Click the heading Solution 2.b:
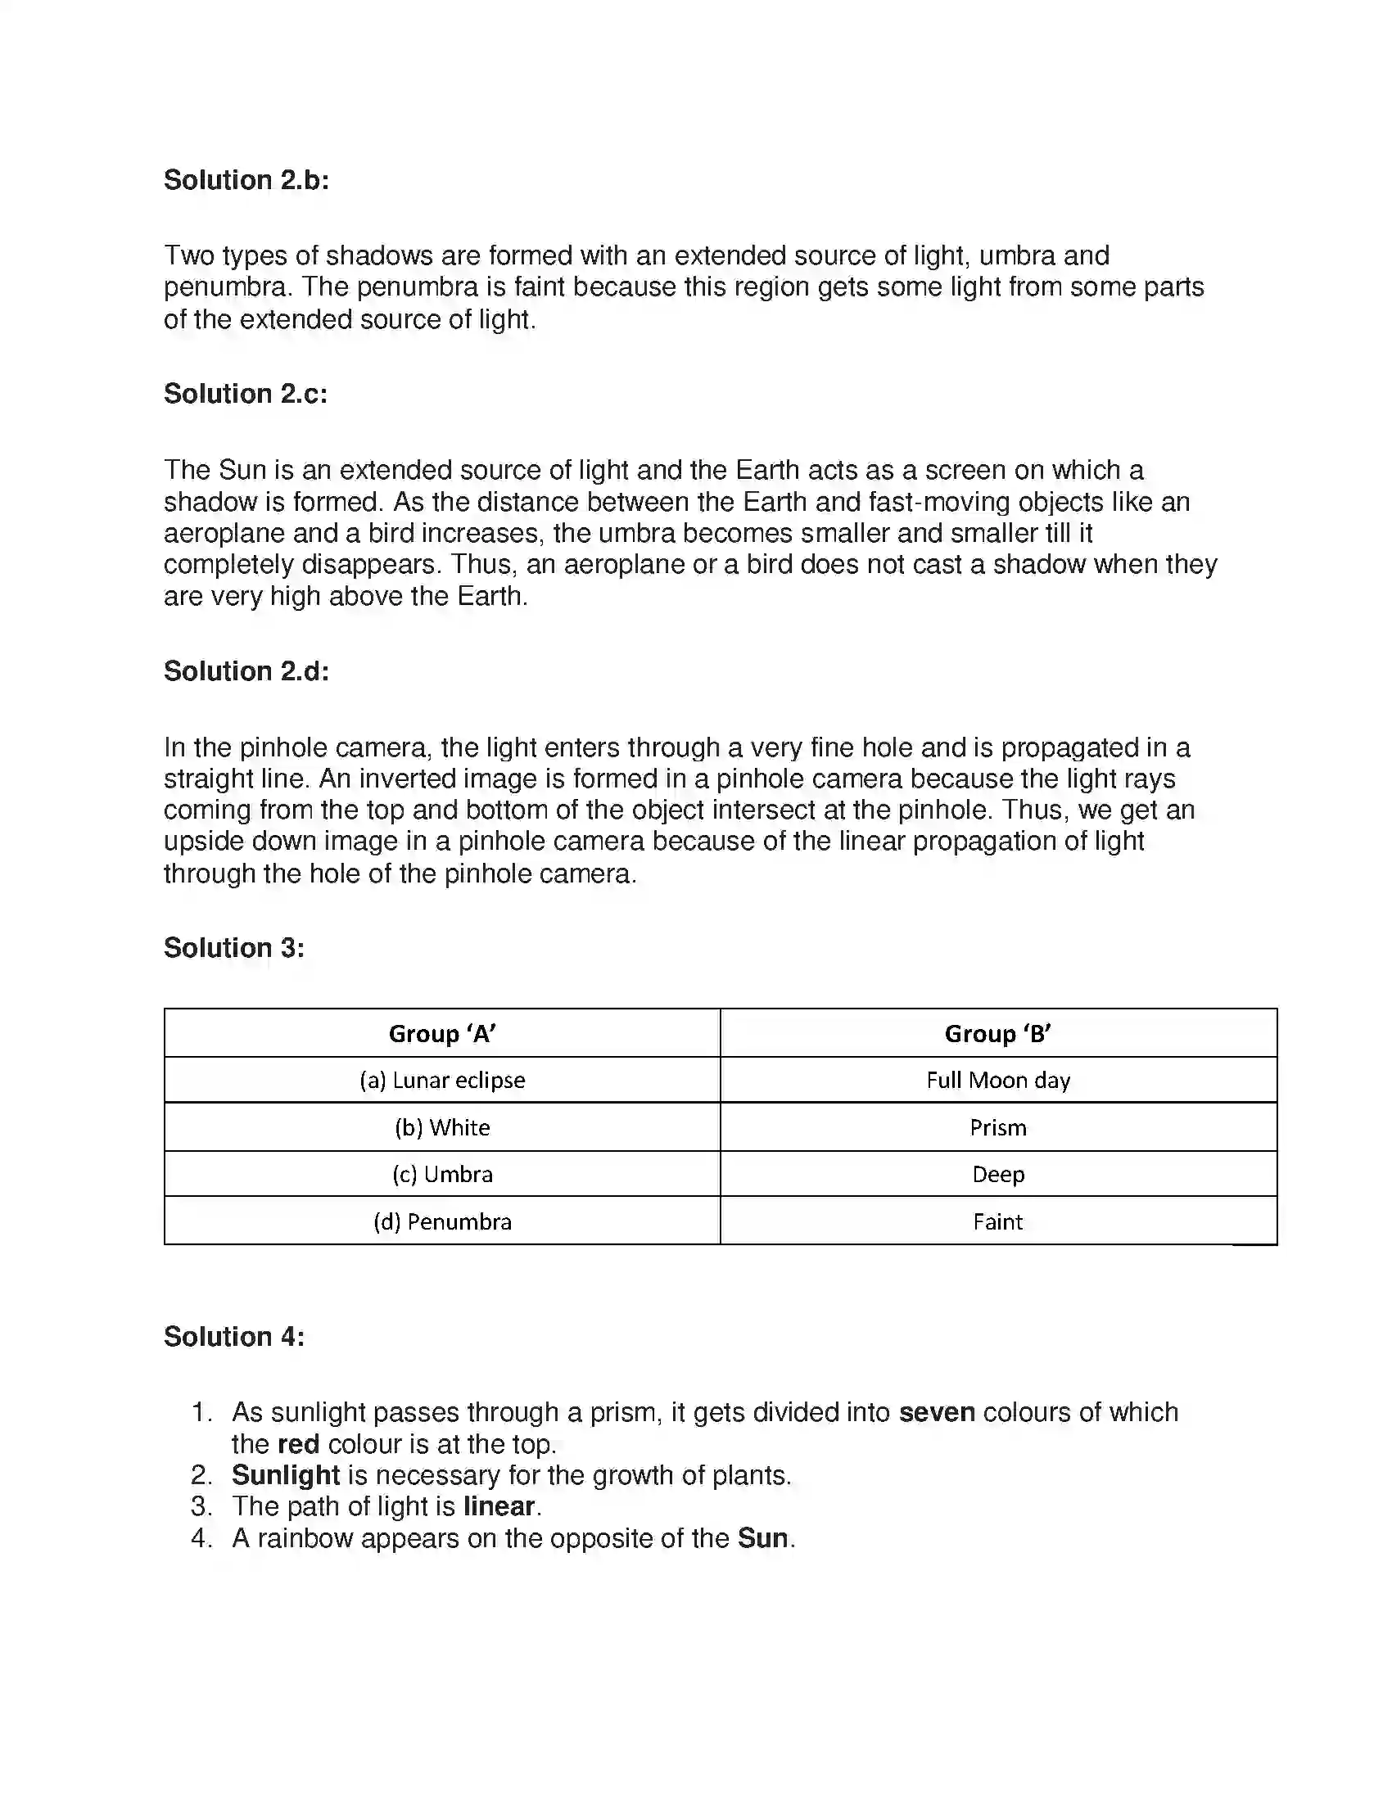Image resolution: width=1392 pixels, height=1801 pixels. (246, 180)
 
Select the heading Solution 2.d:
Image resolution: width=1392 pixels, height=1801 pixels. (246, 671)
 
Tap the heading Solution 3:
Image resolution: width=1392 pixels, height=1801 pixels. (233, 947)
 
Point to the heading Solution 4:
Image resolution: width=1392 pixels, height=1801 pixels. (233, 1336)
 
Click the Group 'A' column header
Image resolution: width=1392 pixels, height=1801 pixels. (442, 1033)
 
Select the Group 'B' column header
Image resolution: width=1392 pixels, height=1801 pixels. (998, 1033)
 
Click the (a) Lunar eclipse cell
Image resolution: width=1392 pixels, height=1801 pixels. (442, 1081)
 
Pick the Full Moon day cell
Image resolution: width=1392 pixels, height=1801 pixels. (998, 1081)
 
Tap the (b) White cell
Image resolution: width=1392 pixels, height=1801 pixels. (442, 1127)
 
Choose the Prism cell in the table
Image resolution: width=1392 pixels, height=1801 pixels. (998, 1127)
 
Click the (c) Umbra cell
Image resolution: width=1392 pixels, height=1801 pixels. (442, 1174)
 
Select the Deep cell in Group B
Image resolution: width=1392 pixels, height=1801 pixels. (998, 1174)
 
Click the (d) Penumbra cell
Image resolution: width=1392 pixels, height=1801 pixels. (442, 1221)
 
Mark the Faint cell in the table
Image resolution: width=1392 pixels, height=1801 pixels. (998, 1221)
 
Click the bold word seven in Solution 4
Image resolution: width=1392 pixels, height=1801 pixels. (937, 1413)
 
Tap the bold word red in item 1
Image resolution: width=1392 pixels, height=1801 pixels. (299, 1444)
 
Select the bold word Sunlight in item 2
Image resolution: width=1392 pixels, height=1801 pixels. (285, 1475)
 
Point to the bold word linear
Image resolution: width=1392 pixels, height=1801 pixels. (499, 1506)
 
